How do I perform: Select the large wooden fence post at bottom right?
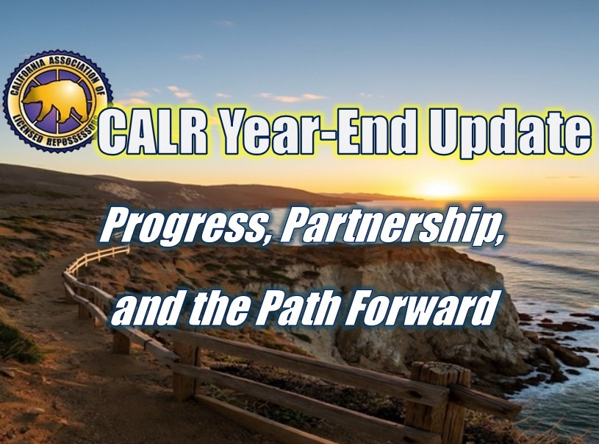[x=440, y=398]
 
